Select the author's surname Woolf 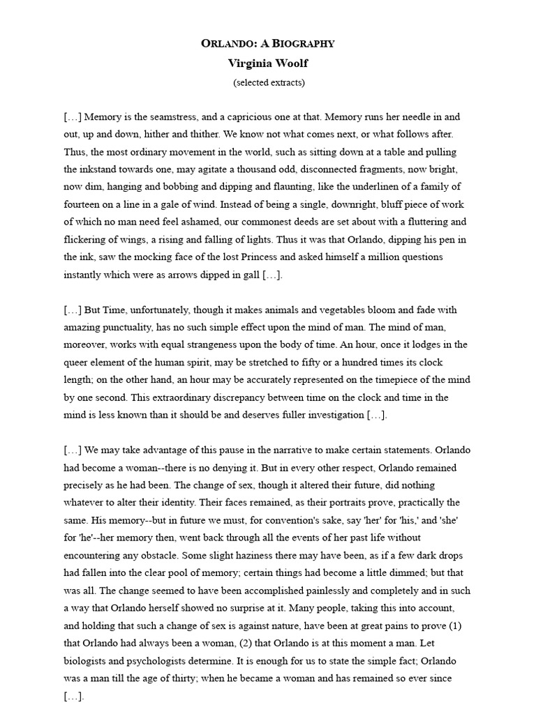[x=292, y=63]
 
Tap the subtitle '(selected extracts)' [x=269, y=82]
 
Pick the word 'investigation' [x=331, y=415]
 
